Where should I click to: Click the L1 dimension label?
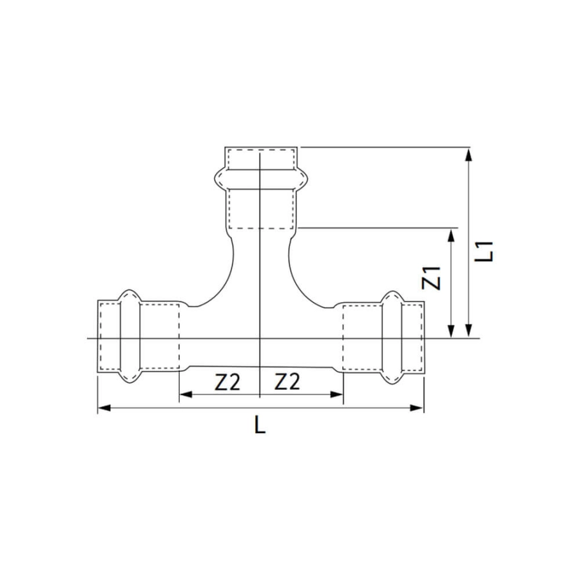[484, 251]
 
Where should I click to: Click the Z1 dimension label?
[432, 278]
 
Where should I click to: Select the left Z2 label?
[227, 382]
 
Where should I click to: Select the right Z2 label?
[287, 382]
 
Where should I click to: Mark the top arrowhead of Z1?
[451, 236]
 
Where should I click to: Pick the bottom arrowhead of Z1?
[451, 331]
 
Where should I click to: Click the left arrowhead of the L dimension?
[104, 408]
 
